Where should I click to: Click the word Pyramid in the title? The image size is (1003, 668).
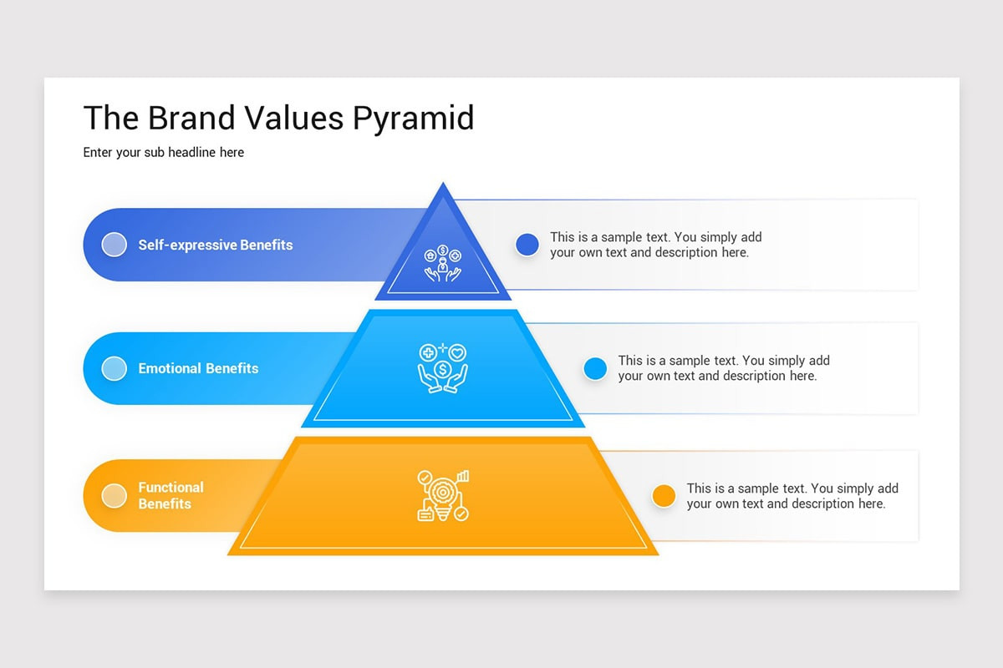coord(413,119)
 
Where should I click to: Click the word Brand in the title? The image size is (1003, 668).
coord(191,119)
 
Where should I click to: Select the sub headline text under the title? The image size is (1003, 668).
coord(164,153)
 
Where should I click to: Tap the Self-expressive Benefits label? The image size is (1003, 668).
coord(216,245)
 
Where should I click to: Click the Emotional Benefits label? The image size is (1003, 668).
coord(198,368)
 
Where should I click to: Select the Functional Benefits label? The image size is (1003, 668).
coord(171,496)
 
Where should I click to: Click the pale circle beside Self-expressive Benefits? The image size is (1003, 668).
coord(114,245)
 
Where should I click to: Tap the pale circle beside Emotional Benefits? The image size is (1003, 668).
coord(114,368)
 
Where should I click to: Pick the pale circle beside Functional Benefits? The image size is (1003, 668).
coord(114,496)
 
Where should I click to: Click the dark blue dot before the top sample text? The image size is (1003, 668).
coord(527,245)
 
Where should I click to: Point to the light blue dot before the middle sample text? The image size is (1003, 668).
coord(595,368)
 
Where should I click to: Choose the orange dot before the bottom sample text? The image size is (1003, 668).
coord(664,496)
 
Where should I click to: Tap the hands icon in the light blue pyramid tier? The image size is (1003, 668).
coord(443,367)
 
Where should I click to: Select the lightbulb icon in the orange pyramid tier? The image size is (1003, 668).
coord(443,496)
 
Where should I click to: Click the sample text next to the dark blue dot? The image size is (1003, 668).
coord(655,245)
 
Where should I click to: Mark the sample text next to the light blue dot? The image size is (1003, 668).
coord(724,368)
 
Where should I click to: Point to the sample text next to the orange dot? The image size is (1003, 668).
coord(792,496)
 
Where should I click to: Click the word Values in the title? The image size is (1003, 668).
coord(293,119)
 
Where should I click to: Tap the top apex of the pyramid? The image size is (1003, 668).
coord(443,186)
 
